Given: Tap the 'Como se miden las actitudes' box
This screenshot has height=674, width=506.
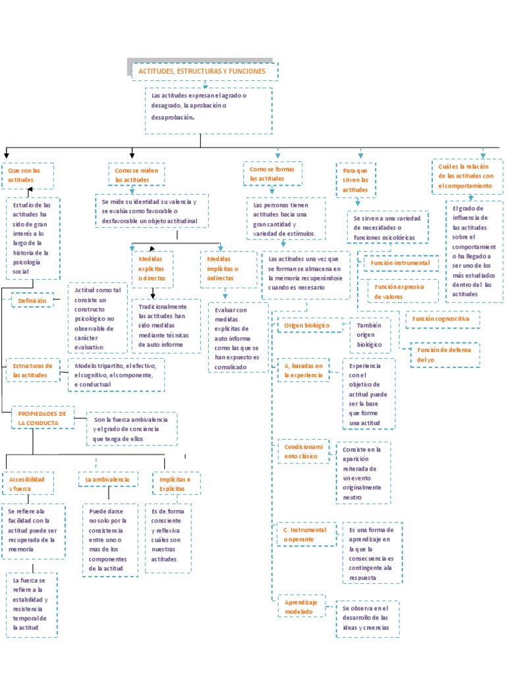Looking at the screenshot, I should (x=136, y=174).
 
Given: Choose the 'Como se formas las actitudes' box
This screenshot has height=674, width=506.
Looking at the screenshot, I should (x=272, y=174).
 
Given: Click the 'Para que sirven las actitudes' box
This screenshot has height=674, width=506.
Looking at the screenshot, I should (x=356, y=180).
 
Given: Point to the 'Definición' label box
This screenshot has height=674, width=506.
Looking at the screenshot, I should (x=32, y=301).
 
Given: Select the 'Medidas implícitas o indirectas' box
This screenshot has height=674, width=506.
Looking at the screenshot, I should (x=228, y=269).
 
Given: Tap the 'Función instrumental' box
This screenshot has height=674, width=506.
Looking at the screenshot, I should (x=401, y=263).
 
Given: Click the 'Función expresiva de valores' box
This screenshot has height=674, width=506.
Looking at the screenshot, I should (x=399, y=292).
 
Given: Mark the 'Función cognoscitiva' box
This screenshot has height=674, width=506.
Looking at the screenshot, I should (x=441, y=319).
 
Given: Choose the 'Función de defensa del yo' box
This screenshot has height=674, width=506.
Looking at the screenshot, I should (x=445, y=355).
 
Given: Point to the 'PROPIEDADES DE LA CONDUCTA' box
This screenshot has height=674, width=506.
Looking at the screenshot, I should (x=43, y=418).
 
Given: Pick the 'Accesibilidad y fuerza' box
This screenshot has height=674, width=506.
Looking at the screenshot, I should (x=27, y=484).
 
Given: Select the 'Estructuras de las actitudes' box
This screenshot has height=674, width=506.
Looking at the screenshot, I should (x=32, y=370).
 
